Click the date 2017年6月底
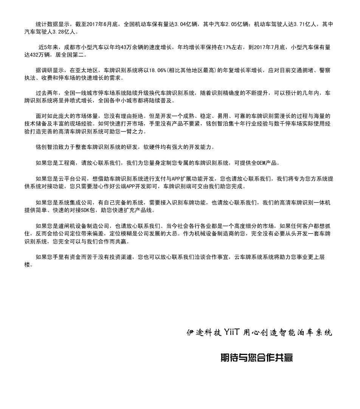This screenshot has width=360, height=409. [102, 24]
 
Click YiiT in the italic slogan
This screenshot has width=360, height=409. [231, 333]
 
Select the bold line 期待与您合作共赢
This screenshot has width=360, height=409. [256, 358]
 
